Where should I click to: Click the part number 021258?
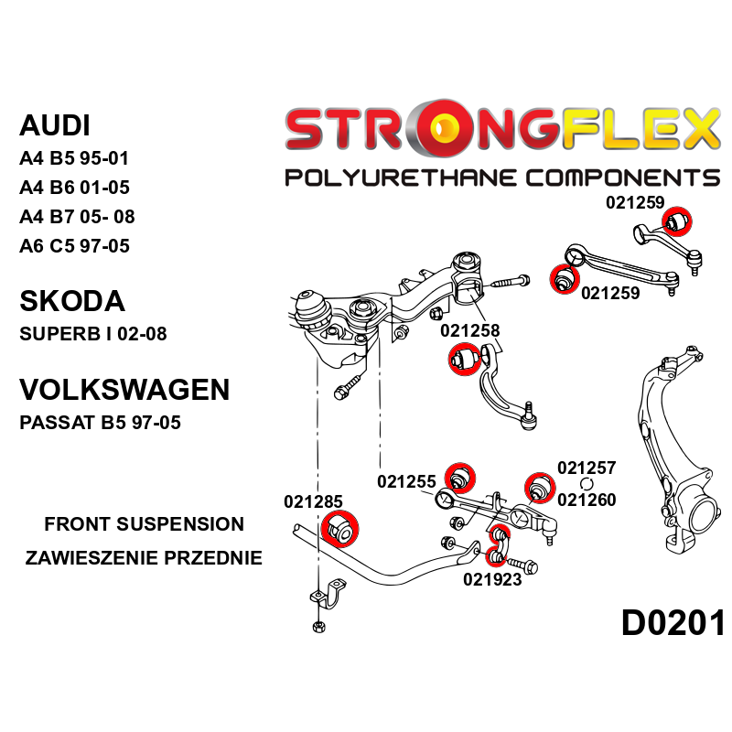(x=469, y=331)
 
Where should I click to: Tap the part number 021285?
(x=313, y=501)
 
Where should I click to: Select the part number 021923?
(x=492, y=578)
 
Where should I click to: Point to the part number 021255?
(x=406, y=481)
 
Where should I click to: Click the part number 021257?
(x=587, y=468)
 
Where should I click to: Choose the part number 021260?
(x=587, y=500)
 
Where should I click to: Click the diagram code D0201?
(x=673, y=623)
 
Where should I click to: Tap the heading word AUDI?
(x=55, y=125)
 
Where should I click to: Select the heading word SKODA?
(x=71, y=301)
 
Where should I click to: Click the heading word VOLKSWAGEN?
(x=124, y=390)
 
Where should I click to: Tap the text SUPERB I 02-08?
(x=93, y=334)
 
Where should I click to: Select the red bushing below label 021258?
(x=464, y=359)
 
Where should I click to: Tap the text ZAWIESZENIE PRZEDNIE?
(x=144, y=557)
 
